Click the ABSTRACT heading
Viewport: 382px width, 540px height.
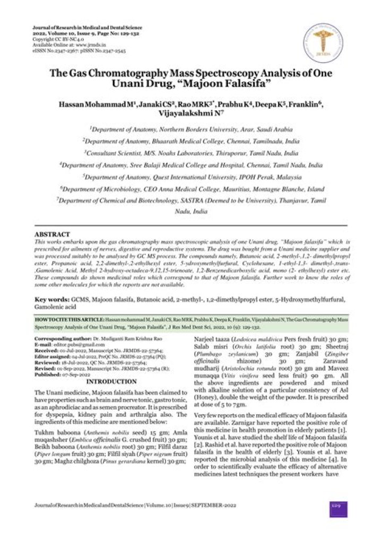(x=52, y=234)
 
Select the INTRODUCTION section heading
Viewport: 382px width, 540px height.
(x=111, y=367)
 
